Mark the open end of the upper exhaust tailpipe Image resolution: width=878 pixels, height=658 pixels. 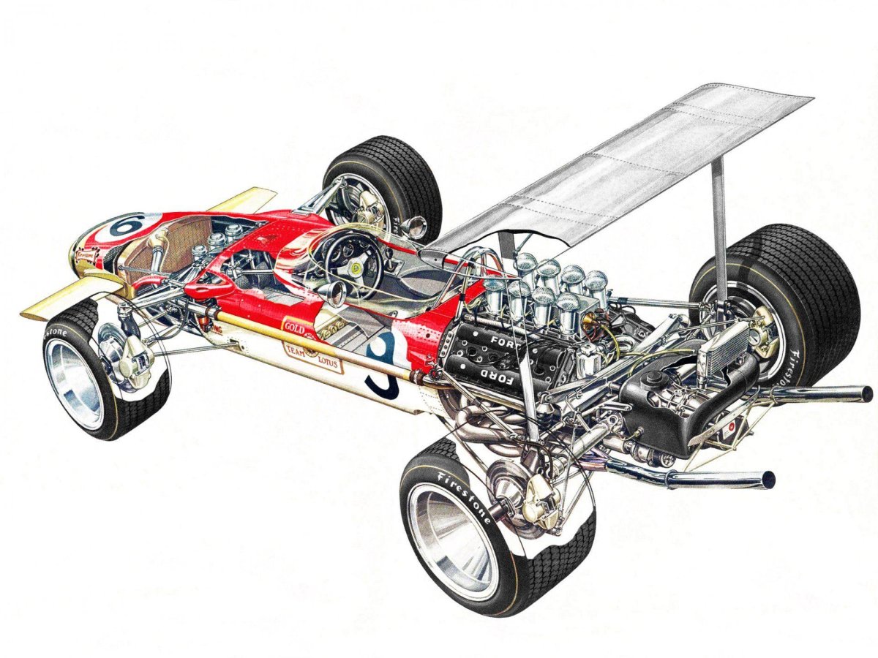[866, 393]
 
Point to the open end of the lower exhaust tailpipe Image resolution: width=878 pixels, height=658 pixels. [768, 480]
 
